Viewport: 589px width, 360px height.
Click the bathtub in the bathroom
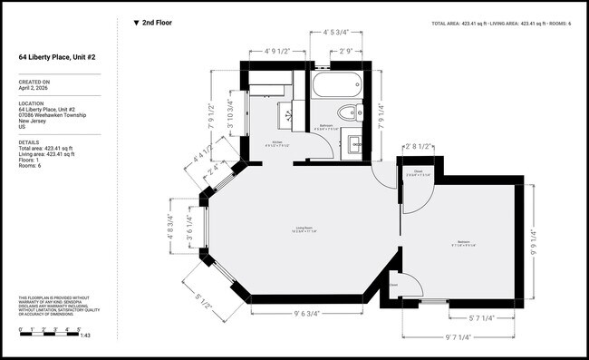pyautogui.click(x=336, y=89)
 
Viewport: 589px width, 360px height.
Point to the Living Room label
pyautogui.click(x=304, y=228)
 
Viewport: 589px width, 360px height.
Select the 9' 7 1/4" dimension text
pyautogui.click(x=463, y=336)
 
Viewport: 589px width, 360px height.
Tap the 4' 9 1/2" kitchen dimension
pyautogui.click(x=277, y=51)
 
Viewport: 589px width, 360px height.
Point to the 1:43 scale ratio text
pyautogui.click(x=85, y=336)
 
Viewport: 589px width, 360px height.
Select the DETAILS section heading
pyautogui.click(x=28, y=142)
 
